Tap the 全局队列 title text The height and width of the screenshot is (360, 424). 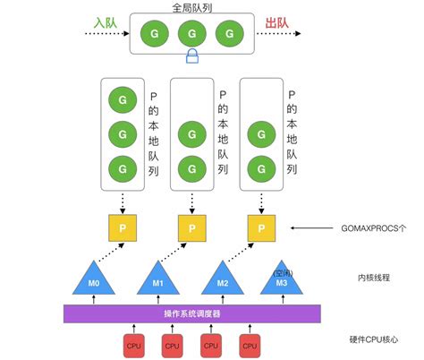(191, 6)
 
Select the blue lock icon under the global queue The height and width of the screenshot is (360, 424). (191, 57)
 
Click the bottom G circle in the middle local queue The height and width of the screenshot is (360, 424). (191, 167)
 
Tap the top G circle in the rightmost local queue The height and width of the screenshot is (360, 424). (261, 134)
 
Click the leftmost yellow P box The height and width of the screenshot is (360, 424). (119, 228)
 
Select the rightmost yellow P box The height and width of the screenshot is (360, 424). (261, 228)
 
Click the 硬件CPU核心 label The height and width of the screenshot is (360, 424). (374, 340)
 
